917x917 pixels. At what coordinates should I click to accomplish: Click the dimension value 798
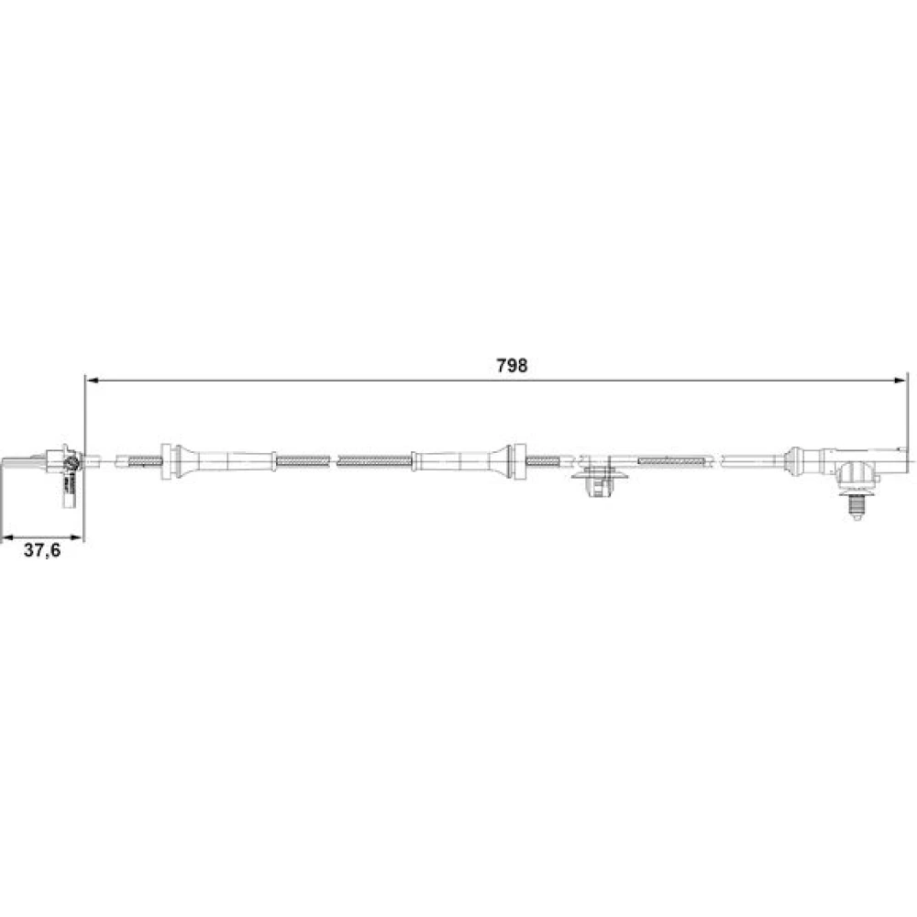pos(512,366)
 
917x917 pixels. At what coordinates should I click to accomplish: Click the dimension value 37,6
pos(42,550)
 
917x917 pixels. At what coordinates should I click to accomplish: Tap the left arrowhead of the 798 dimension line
pos(92,381)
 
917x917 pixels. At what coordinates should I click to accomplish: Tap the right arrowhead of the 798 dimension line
pos(900,381)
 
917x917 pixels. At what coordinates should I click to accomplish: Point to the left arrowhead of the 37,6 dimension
pos(8,536)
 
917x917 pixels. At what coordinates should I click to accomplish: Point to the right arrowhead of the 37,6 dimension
pos(77,536)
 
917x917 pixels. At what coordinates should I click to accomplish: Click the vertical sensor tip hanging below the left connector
pos(69,493)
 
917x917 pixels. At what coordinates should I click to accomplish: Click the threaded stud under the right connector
pos(856,508)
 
